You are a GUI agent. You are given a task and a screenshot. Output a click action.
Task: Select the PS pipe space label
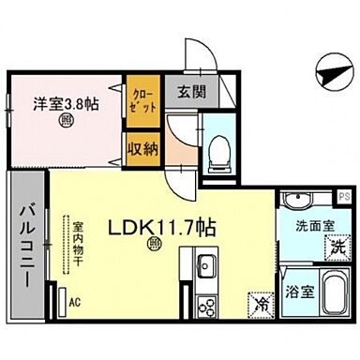[x=344, y=196]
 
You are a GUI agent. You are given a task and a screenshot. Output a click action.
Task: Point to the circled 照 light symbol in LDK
[x=153, y=247]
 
